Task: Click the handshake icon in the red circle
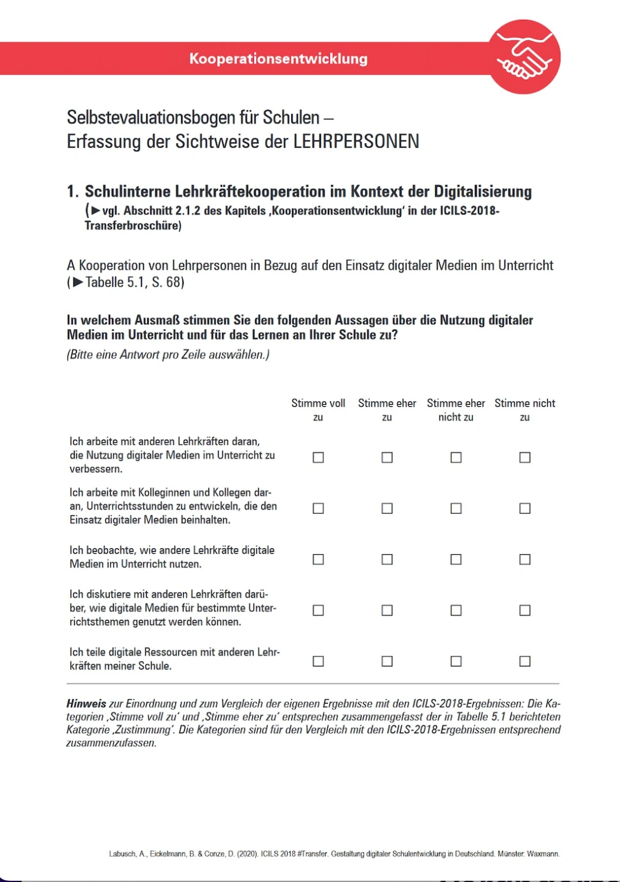click(525, 56)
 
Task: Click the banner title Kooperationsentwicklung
click(278, 59)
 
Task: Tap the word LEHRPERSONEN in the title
click(356, 141)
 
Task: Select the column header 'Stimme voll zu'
click(318, 410)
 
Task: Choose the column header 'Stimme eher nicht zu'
click(455, 410)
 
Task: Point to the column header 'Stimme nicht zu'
click(525, 410)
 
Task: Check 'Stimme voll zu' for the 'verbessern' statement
click(318, 458)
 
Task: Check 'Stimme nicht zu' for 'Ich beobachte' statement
click(525, 559)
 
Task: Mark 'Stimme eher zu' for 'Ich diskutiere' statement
click(387, 610)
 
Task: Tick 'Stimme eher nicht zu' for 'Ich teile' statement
click(456, 661)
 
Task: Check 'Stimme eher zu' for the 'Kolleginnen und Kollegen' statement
click(387, 508)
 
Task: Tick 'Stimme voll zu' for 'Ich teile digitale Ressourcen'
click(318, 661)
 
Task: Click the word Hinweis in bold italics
click(86, 704)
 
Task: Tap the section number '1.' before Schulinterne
click(73, 192)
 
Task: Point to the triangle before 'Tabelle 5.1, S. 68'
click(78, 282)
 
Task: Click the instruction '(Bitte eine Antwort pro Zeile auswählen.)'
click(168, 355)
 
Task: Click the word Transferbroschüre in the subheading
click(133, 225)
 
